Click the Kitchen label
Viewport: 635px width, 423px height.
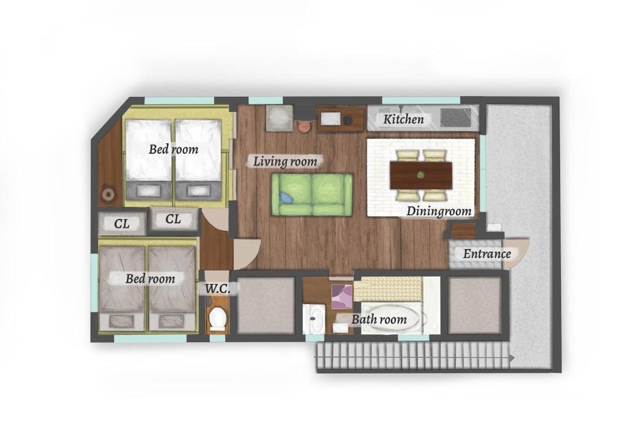403,119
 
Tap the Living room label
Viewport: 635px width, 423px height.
285,162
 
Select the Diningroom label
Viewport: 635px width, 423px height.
439,211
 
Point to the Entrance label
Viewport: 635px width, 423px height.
487,254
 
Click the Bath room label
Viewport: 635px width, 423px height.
379,320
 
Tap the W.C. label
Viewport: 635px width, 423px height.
218,289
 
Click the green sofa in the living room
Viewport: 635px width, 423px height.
312,194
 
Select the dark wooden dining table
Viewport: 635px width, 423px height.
421,175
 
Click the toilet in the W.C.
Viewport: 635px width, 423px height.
218,318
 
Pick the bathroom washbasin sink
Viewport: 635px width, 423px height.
314,318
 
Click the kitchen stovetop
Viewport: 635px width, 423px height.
456,117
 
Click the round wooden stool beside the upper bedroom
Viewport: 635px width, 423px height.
108,194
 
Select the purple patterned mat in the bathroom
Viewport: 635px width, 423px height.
342,296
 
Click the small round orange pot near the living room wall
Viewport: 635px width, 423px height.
303,126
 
